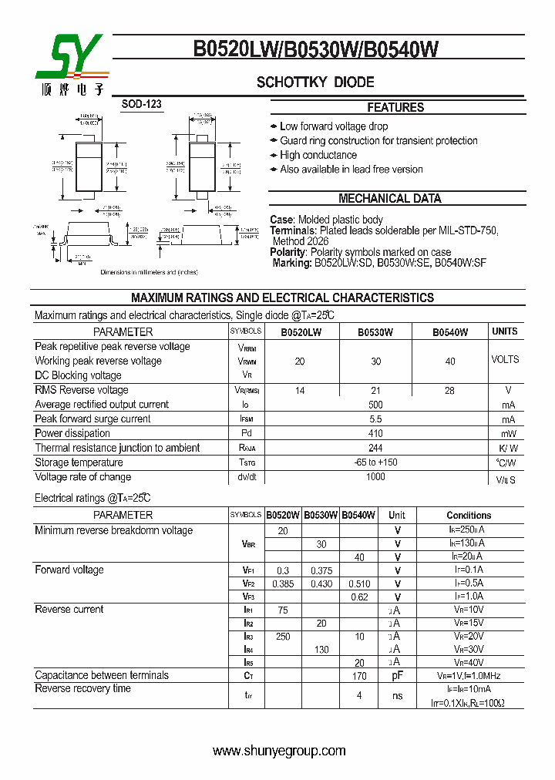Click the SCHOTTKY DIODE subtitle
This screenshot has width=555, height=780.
315,82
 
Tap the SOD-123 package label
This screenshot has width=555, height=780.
142,104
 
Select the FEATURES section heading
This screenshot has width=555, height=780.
395,108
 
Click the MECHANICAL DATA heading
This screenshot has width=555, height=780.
390,199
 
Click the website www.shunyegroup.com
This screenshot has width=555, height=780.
279,751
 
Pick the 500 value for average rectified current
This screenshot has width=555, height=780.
375,405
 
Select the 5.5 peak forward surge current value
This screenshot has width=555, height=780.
375,419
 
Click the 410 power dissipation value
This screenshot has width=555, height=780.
375,434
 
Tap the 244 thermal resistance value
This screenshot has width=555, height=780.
375,448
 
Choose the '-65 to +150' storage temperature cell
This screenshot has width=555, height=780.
375,462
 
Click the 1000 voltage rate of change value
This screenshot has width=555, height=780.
375,477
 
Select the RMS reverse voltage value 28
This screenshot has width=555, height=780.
449,391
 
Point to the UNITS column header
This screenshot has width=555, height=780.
505,331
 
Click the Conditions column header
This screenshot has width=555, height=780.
469,515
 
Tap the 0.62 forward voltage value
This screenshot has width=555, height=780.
359,597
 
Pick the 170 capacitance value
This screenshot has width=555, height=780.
359,676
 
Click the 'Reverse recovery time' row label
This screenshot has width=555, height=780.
82,688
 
